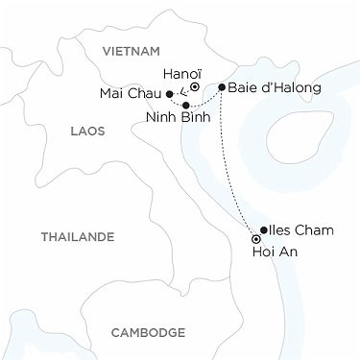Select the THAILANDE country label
tap(77, 236)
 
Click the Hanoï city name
tap(182, 72)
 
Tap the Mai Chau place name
tap(132, 94)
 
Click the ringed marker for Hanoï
tap(194, 86)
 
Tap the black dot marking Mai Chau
tap(169, 94)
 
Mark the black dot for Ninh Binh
tap(185, 105)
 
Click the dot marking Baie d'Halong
tap(222, 87)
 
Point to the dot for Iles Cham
tap(263, 230)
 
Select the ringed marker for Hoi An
tap(256, 239)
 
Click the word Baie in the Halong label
tap(245, 87)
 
